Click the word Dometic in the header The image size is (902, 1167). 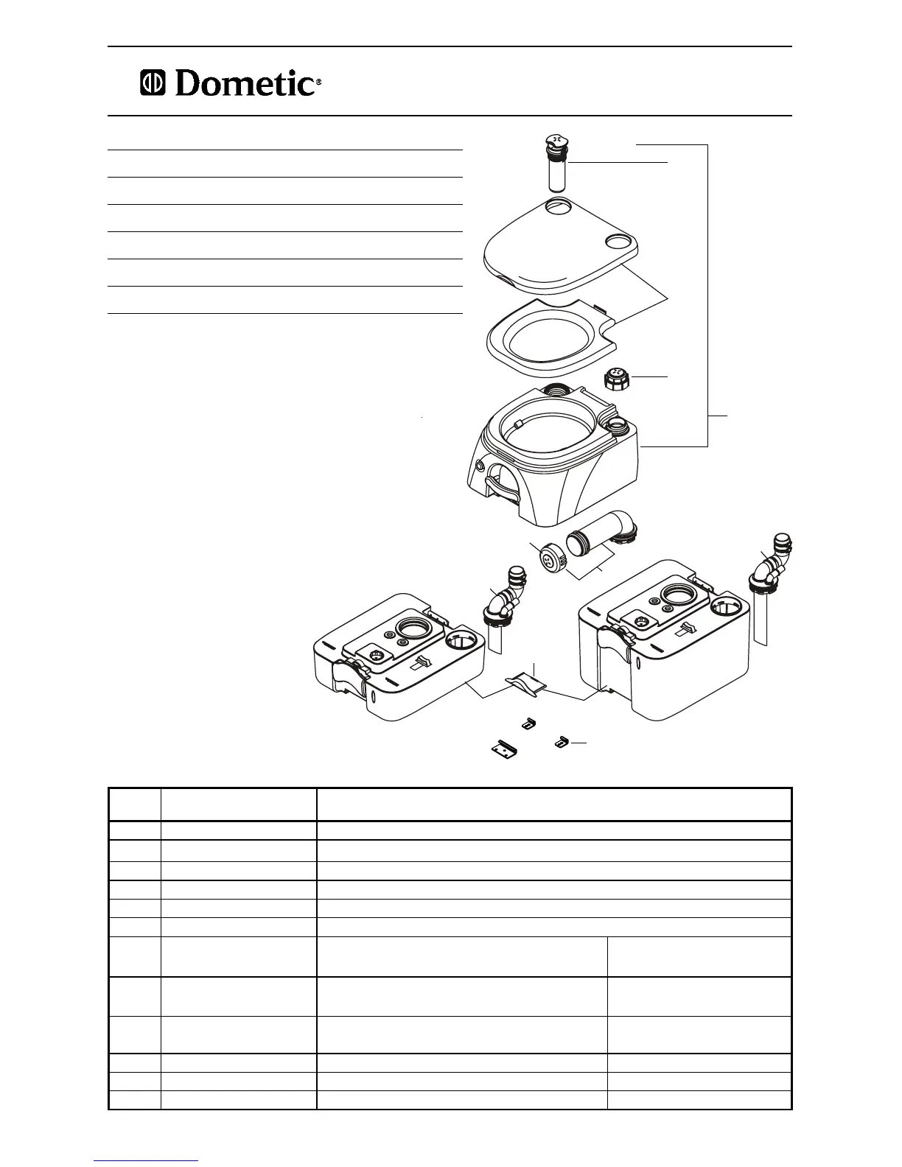point(245,84)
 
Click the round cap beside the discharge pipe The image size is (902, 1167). point(550,558)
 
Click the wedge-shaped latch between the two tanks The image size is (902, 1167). point(525,684)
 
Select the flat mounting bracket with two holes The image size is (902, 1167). point(504,749)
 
